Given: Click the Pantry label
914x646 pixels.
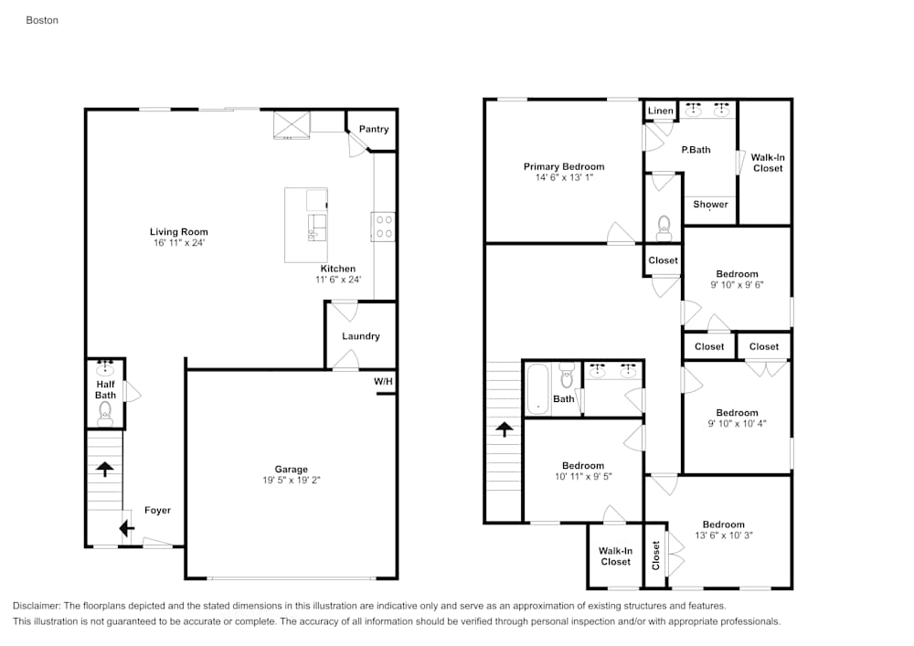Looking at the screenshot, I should [373, 129].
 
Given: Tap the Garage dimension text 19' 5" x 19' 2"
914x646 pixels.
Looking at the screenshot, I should [292, 482].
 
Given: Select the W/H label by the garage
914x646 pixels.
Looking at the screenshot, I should [383, 381].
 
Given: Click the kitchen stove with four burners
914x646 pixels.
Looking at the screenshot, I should [384, 226].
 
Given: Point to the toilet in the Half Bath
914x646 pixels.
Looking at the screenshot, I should [105, 413].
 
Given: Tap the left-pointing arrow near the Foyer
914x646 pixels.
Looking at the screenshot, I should [125, 528].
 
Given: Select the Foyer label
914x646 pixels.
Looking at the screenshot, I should [157, 510].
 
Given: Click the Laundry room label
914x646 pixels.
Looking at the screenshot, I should [360, 336].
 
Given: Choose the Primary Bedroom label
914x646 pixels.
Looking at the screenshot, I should [563, 166].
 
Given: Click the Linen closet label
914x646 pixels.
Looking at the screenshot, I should [660, 111].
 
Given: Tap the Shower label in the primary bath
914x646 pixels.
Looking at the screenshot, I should [710, 204].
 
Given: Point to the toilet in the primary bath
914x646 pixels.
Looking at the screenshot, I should [664, 227].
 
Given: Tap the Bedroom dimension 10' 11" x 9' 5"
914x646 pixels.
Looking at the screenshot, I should [582, 476].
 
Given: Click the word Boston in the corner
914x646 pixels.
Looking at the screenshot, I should [42, 19].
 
